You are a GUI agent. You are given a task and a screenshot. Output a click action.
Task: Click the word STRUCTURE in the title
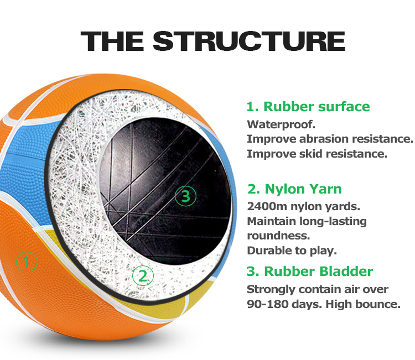(249, 41)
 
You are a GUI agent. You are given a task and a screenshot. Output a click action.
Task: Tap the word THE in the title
(112, 41)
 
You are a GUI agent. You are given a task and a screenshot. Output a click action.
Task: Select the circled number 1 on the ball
(27, 262)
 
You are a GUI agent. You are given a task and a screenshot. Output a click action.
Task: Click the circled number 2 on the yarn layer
(143, 276)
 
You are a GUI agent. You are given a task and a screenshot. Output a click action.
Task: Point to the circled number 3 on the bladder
(185, 196)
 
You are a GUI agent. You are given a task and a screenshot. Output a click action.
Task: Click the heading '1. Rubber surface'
(308, 107)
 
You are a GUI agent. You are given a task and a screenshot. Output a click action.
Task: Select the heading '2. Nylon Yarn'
(294, 189)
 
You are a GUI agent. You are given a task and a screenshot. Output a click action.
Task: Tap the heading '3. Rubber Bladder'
(310, 271)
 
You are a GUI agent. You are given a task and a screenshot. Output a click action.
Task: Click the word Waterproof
(281, 124)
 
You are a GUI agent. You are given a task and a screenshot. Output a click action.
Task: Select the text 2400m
(267, 206)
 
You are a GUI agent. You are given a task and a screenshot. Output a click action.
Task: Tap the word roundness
(278, 236)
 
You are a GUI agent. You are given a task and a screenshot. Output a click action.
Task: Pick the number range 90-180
(267, 304)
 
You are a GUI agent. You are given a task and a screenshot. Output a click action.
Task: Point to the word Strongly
(271, 290)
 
